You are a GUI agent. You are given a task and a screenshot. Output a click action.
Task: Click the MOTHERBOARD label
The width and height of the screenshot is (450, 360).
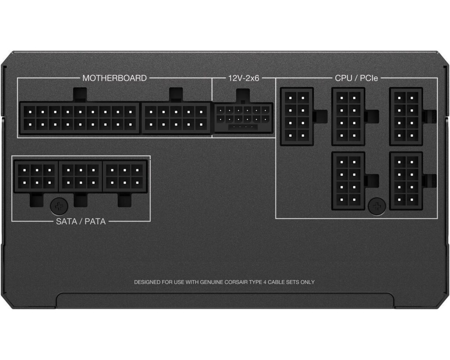(114, 78)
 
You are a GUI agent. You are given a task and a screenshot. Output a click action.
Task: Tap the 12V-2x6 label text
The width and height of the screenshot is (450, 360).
(243, 78)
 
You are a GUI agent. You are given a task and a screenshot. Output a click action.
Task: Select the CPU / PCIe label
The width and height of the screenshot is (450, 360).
(356, 78)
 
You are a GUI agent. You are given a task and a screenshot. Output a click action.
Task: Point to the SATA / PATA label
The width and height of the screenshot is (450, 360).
(81, 221)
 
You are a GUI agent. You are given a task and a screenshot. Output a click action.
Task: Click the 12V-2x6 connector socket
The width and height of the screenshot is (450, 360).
(243, 118)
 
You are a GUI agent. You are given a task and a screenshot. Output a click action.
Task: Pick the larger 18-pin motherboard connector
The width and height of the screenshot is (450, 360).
(80, 117)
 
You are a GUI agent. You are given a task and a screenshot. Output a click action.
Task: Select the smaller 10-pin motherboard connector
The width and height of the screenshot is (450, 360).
(176, 117)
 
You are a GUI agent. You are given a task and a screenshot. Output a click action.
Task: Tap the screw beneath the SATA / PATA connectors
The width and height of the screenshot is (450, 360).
(58, 206)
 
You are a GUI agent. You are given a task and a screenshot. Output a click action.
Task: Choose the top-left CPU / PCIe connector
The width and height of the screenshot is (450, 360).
(297, 116)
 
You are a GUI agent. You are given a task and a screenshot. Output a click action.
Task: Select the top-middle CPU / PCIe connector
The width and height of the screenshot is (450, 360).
(348, 116)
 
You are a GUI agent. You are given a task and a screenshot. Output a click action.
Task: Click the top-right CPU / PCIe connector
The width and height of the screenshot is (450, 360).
(406, 116)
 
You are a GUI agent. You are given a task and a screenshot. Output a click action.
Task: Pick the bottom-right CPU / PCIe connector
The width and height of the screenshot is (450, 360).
(406, 180)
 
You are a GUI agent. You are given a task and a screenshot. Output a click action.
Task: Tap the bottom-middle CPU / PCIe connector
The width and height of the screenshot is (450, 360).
(348, 180)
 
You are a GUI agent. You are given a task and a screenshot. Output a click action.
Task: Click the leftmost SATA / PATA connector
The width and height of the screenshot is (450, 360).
(36, 176)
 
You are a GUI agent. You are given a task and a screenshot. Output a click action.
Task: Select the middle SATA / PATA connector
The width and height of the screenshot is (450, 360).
(81, 176)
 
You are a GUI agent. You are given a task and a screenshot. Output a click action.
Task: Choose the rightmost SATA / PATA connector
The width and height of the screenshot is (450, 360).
(125, 176)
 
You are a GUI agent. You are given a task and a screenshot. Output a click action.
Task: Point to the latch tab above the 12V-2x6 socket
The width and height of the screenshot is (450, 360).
(243, 95)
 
